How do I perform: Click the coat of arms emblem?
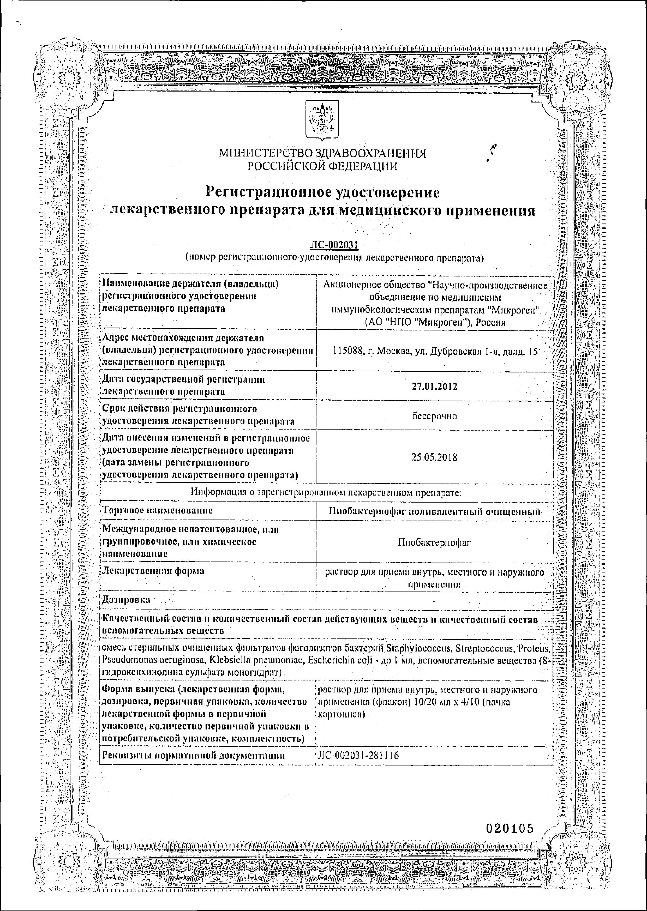point(322,120)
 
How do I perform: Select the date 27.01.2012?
point(434,386)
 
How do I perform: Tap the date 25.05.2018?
point(434,457)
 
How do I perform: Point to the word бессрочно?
point(434,416)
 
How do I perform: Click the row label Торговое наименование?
point(157,510)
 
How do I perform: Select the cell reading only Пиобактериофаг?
point(434,542)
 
